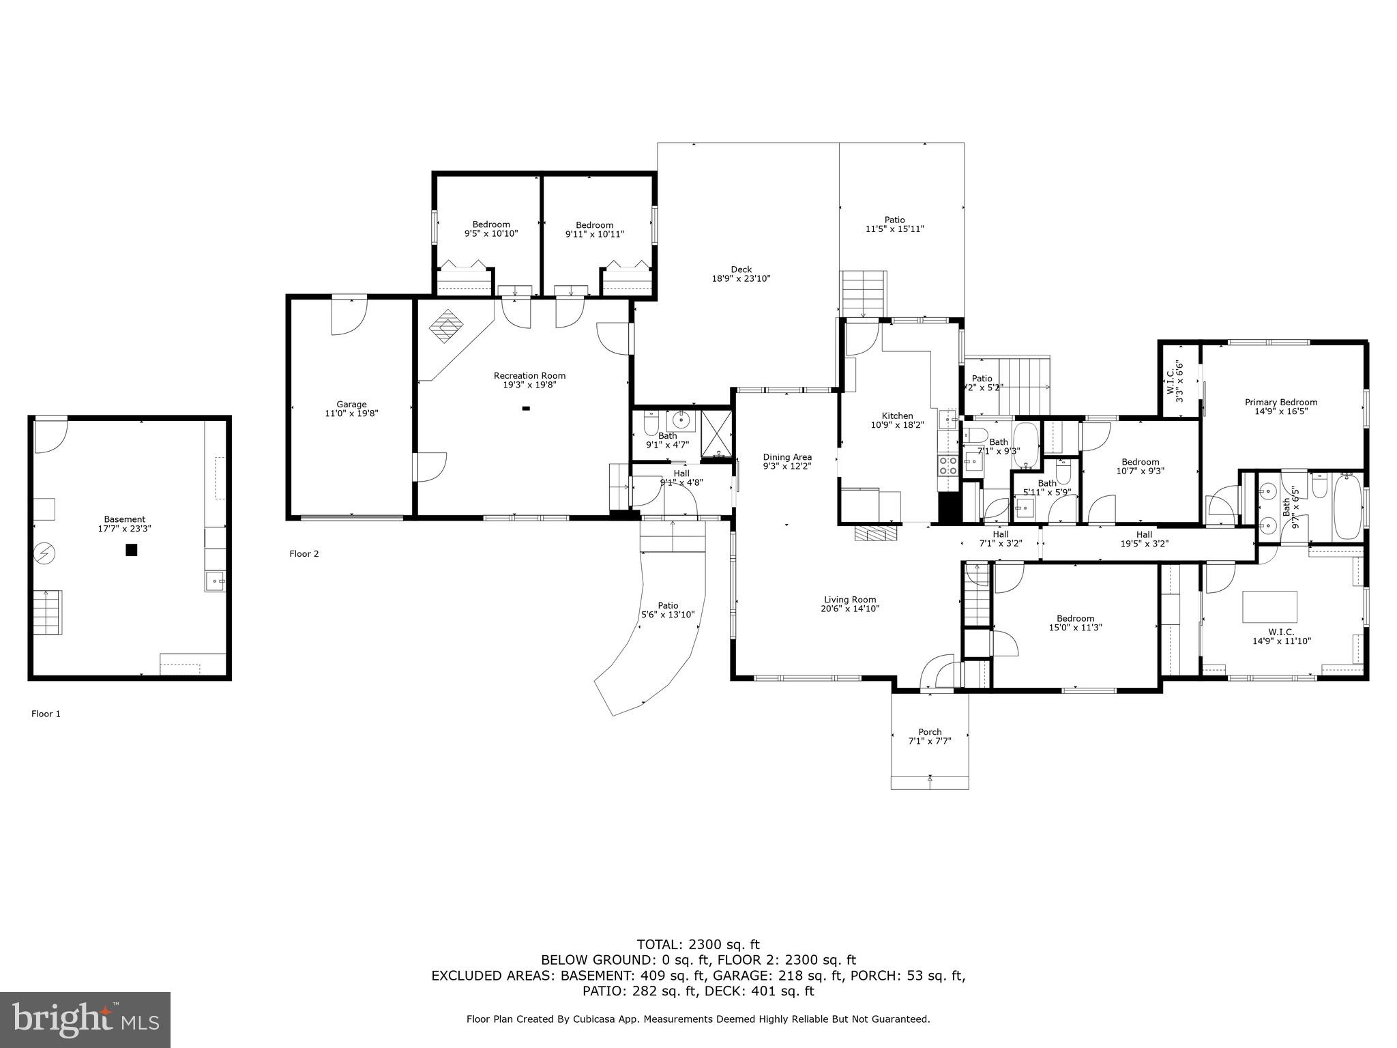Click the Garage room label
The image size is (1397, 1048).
coord(351,404)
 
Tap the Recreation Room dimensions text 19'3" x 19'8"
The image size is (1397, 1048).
coord(529,385)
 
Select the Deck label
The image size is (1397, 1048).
coord(741,269)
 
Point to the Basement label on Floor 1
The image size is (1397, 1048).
coord(125,519)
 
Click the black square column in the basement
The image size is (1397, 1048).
coord(132,550)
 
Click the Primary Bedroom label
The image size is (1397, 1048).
coord(1280,402)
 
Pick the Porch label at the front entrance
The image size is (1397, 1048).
coord(929,731)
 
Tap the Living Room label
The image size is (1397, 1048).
coord(849,600)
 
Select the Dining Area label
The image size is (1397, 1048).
coord(786,457)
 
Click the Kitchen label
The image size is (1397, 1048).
coord(897,416)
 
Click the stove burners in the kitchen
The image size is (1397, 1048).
coord(947,465)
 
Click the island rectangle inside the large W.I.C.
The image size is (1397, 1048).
coord(1269,607)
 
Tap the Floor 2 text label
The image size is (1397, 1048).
coord(304,554)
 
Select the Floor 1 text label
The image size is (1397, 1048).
coord(46,714)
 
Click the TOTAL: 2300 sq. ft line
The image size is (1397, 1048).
coord(698,944)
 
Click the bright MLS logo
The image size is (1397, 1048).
coord(85,1019)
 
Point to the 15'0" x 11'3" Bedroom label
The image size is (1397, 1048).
coord(1075,618)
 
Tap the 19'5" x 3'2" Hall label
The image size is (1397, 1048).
coord(1144,534)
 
